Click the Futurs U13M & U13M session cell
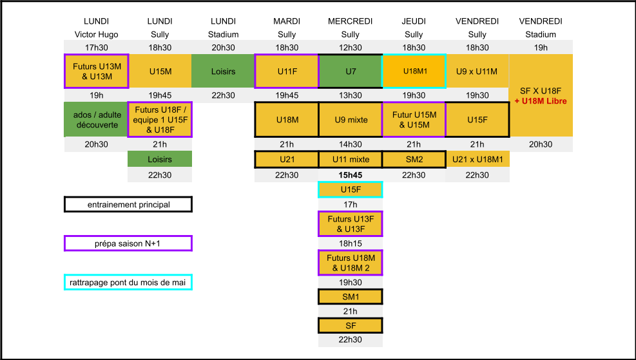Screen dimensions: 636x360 (x=97, y=71)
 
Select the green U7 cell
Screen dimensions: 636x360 (x=351, y=71)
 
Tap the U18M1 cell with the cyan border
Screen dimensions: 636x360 (x=414, y=71)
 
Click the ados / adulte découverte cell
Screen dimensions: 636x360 (x=96, y=120)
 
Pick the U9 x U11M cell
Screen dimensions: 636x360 (x=477, y=71)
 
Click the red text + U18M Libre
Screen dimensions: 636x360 (x=541, y=101)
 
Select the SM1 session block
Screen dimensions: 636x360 (x=351, y=297)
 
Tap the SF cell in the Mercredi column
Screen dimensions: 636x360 (x=351, y=325)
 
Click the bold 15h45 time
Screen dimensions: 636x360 (x=351, y=175)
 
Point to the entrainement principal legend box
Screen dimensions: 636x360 (x=128, y=204)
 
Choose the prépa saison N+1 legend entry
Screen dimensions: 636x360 (x=128, y=243)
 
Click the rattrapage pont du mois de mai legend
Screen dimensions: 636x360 (x=128, y=282)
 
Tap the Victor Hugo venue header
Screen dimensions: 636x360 (x=97, y=35)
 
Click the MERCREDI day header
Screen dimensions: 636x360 (x=351, y=21)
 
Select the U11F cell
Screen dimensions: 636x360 (x=287, y=71)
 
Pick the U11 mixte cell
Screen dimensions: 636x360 (x=351, y=159)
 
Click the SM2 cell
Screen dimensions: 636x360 (x=414, y=159)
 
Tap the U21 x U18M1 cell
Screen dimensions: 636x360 (x=477, y=159)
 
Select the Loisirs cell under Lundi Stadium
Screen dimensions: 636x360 (x=223, y=71)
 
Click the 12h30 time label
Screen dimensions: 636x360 (x=351, y=48)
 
